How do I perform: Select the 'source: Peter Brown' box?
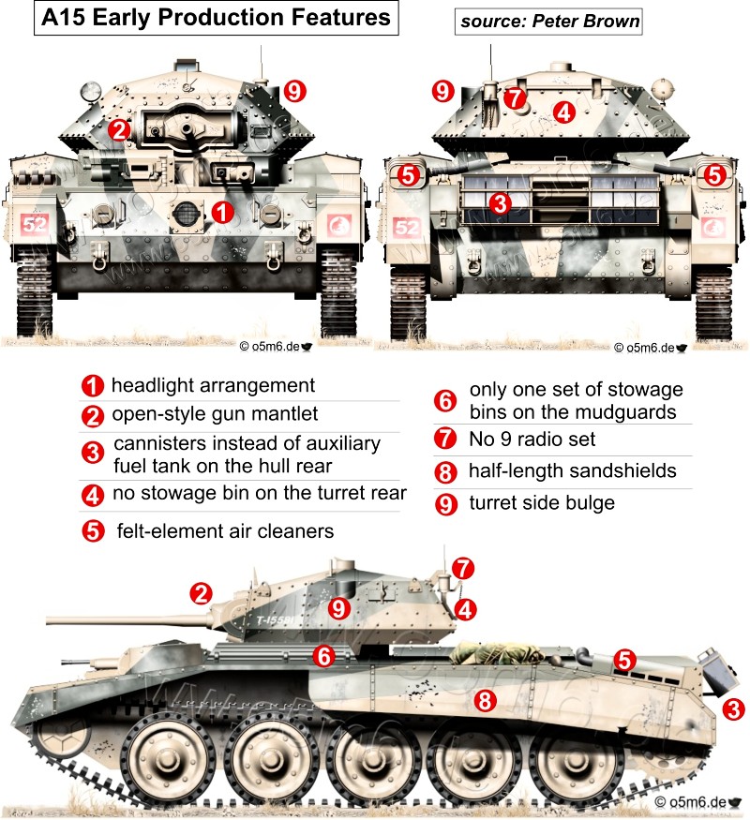point(548,21)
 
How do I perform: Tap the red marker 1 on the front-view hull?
point(222,212)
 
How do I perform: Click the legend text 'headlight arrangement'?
point(213,385)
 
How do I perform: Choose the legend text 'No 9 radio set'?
point(532,439)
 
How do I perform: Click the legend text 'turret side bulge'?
point(542,503)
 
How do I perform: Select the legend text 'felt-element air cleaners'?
point(225,530)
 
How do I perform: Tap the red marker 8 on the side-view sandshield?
point(484,699)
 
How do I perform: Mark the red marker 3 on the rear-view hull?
point(500,202)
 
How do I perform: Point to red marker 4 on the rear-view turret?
point(562,112)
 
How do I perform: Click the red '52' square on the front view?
point(35,226)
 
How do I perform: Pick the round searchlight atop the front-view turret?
point(91,92)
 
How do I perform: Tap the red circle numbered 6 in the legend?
point(446,401)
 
